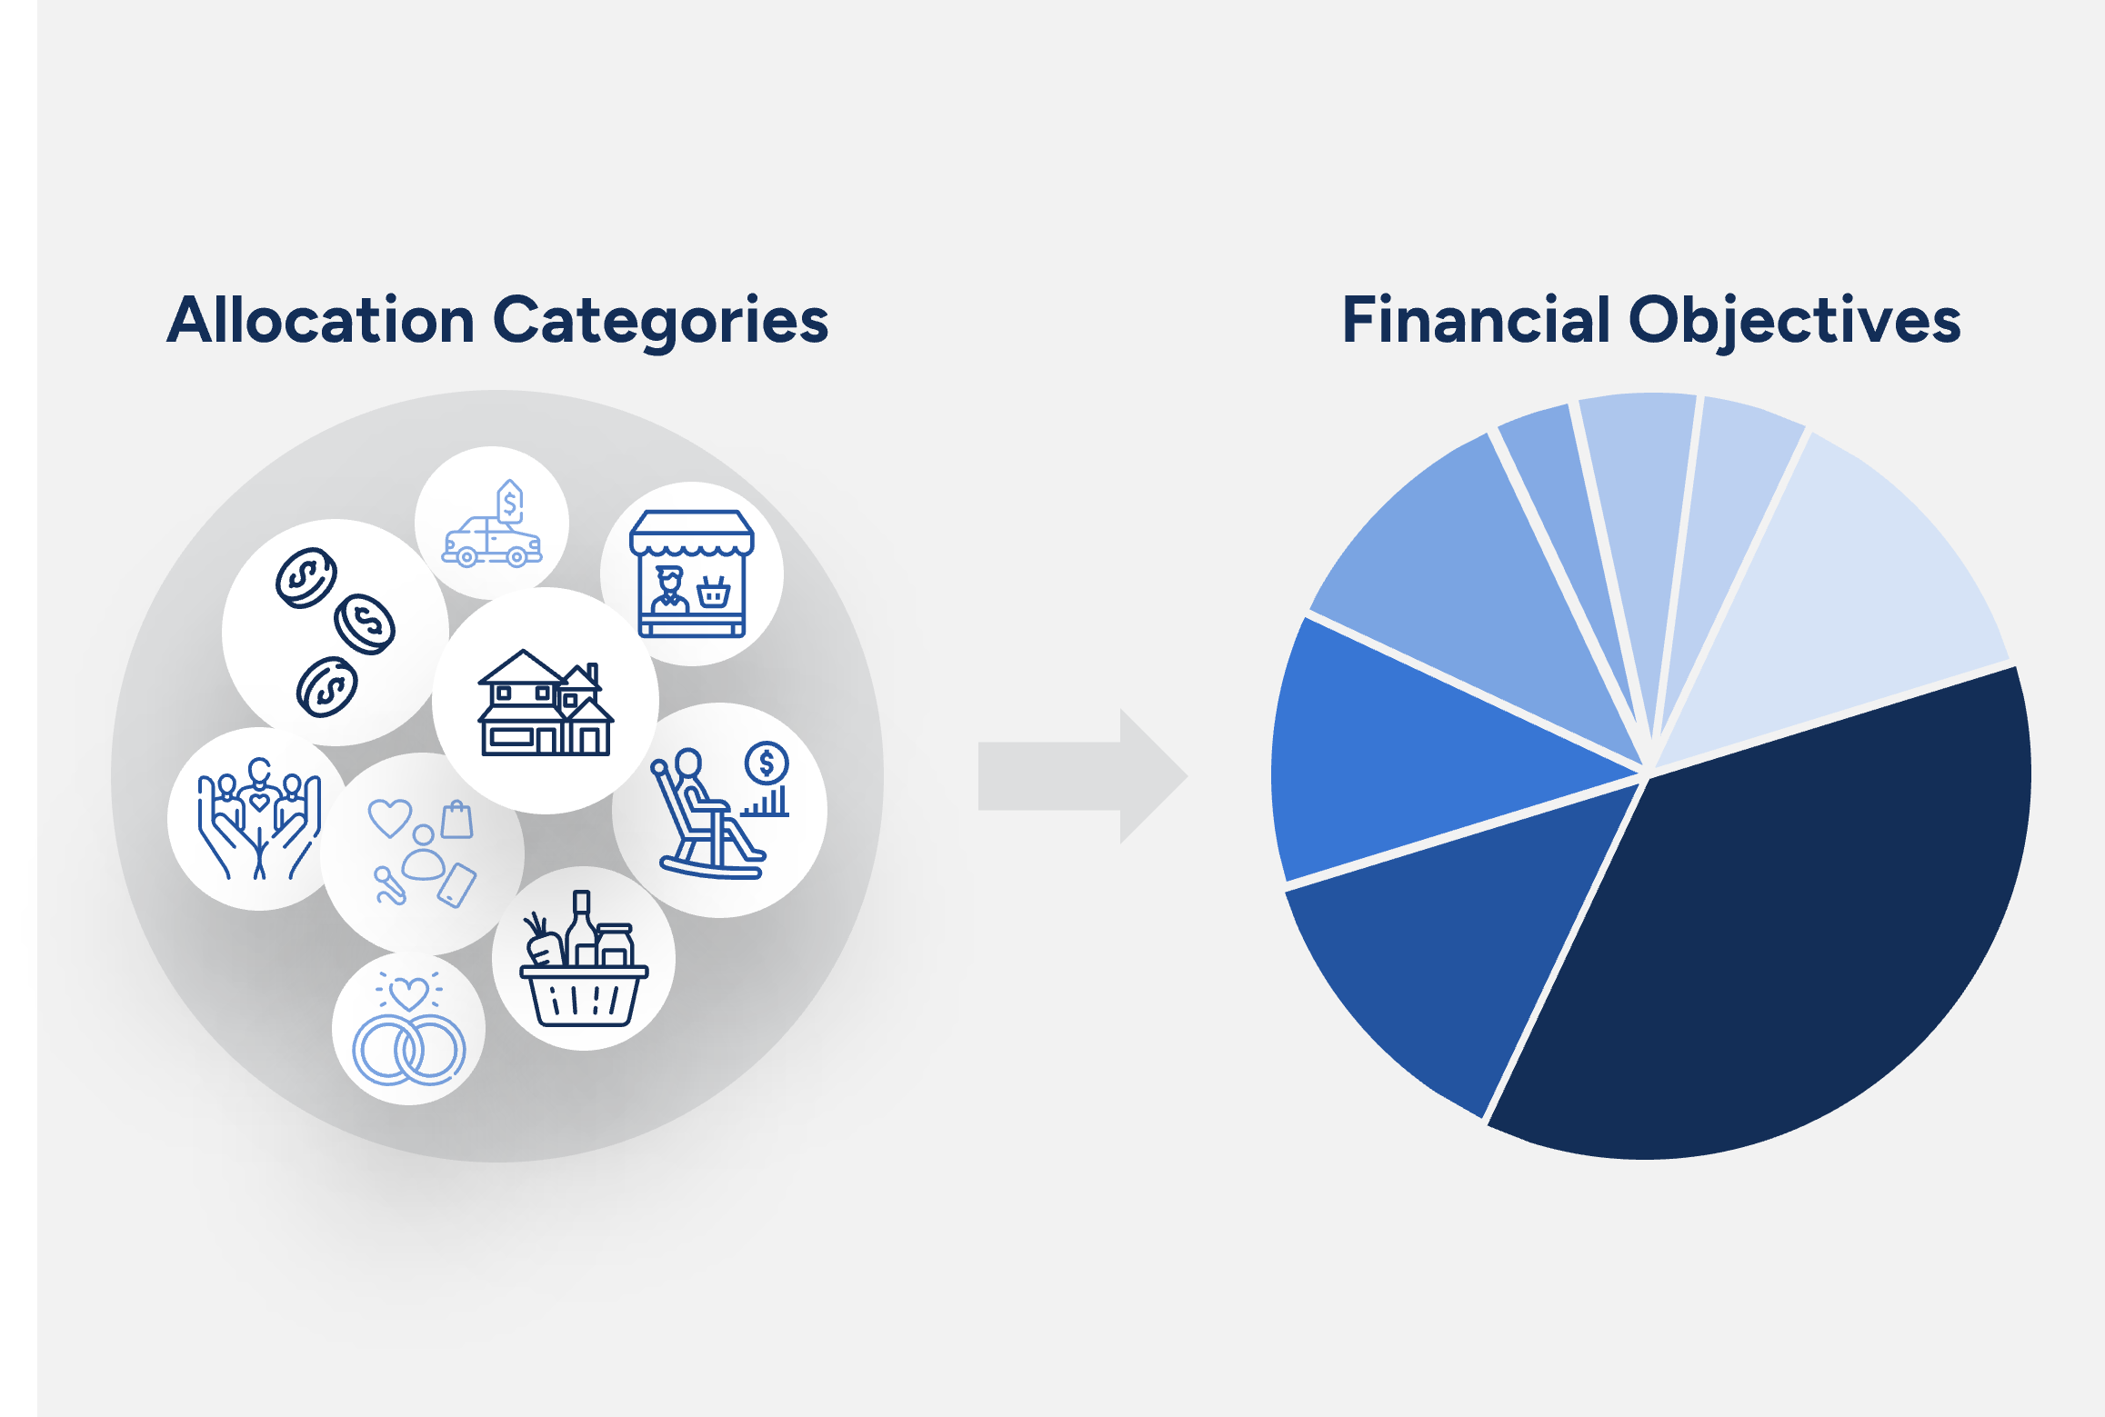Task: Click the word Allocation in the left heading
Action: pos(321,321)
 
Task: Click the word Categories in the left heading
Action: pos(660,323)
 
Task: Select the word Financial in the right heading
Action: pos(1475,321)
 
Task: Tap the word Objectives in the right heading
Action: pos(1794,323)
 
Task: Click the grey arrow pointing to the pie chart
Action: pos(1082,775)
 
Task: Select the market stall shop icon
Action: pos(692,574)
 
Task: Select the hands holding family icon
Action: pos(259,818)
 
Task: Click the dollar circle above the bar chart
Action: pos(767,763)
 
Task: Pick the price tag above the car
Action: pos(510,500)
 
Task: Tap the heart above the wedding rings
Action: pos(408,992)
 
